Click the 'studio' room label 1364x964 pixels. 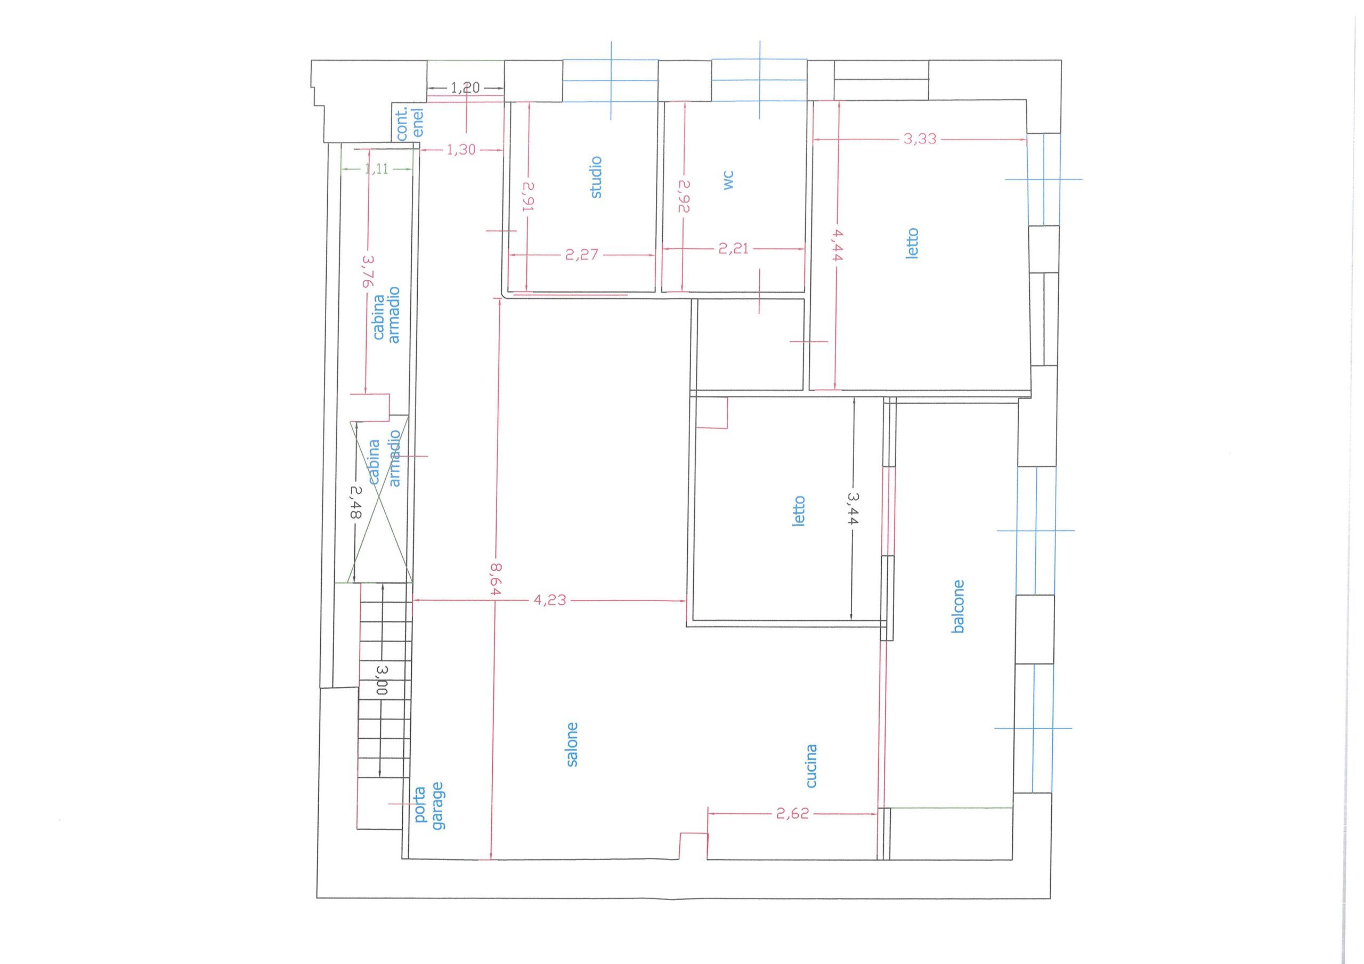point(596,177)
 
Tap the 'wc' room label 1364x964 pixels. point(729,181)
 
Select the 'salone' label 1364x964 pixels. point(572,744)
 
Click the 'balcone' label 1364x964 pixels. point(957,606)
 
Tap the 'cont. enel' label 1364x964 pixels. point(410,123)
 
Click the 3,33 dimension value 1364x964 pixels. point(920,139)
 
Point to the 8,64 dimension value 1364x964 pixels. point(496,579)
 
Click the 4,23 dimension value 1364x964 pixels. point(549,600)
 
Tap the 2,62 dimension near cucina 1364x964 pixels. point(792,814)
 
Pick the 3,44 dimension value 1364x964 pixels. point(853,508)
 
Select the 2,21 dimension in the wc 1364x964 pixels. point(734,249)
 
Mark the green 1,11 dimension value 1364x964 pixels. point(377,169)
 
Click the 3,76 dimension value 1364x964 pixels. point(368,272)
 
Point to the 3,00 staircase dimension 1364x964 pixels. point(382,680)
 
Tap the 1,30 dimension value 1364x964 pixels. point(461,150)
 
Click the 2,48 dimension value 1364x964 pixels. point(355,502)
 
